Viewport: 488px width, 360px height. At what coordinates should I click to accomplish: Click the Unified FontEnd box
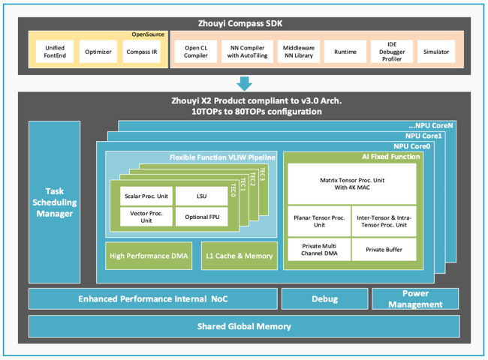(x=55, y=52)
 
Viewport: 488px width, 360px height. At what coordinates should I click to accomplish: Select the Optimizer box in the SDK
(x=98, y=52)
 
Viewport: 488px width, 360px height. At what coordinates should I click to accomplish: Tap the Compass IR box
(x=142, y=52)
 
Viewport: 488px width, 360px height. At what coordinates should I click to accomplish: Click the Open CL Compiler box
(x=196, y=52)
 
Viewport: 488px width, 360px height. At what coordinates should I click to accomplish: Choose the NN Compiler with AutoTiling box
(x=247, y=52)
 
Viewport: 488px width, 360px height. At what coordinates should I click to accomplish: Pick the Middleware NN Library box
(x=298, y=52)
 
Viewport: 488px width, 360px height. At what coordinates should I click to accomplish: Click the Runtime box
(x=345, y=52)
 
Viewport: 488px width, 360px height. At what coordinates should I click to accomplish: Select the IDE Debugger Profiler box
(x=391, y=52)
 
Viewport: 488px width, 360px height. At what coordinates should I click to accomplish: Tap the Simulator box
(x=436, y=52)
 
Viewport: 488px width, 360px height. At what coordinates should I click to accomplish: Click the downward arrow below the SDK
(x=244, y=82)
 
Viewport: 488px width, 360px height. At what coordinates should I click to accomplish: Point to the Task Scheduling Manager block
(x=54, y=202)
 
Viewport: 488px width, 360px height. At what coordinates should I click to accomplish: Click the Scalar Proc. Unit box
(x=146, y=196)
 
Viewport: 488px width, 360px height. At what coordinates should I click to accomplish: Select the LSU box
(x=200, y=196)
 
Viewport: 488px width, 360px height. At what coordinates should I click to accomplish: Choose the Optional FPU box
(x=200, y=217)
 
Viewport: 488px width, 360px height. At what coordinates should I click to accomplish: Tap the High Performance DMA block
(x=149, y=256)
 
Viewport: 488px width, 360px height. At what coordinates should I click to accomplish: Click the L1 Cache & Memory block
(x=239, y=256)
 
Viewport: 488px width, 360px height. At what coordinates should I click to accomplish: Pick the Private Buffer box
(x=384, y=249)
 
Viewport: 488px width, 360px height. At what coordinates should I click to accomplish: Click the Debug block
(x=324, y=298)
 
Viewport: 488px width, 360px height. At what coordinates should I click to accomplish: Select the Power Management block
(x=415, y=298)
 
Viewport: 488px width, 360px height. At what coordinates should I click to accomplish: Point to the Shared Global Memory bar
(x=244, y=326)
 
